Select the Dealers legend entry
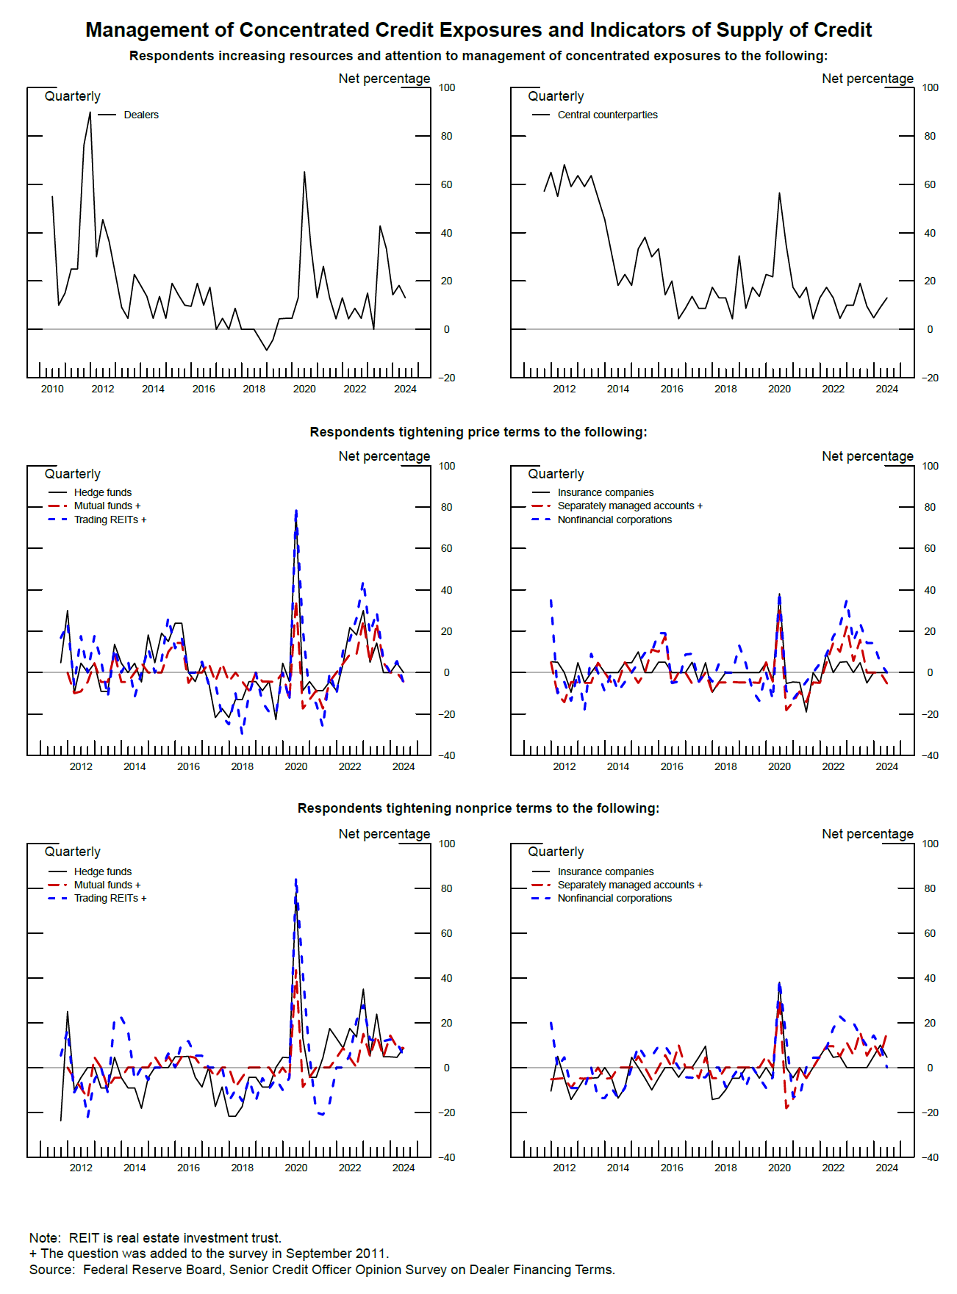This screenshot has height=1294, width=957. [x=140, y=115]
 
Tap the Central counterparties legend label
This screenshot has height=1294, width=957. [x=607, y=115]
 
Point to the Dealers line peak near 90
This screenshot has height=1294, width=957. [x=90, y=112]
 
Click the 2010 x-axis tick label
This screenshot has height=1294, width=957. [x=52, y=389]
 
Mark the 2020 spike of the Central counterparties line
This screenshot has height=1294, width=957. [x=779, y=193]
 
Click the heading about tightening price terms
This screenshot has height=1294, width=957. [x=478, y=432]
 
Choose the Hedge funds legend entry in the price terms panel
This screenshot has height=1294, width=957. [x=102, y=492]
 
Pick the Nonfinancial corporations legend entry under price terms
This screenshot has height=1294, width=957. [x=614, y=520]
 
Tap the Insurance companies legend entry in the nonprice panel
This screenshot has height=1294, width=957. [x=605, y=871]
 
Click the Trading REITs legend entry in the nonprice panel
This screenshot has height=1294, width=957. [x=110, y=898]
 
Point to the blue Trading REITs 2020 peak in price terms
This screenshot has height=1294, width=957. [x=296, y=511]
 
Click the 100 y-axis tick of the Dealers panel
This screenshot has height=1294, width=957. [x=447, y=87]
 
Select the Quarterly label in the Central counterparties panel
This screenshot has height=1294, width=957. [x=556, y=96]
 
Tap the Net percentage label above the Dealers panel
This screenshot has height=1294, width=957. [x=384, y=79]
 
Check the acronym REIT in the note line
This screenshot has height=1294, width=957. [x=84, y=1238]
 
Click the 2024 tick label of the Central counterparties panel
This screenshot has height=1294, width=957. [x=886, y=389]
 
